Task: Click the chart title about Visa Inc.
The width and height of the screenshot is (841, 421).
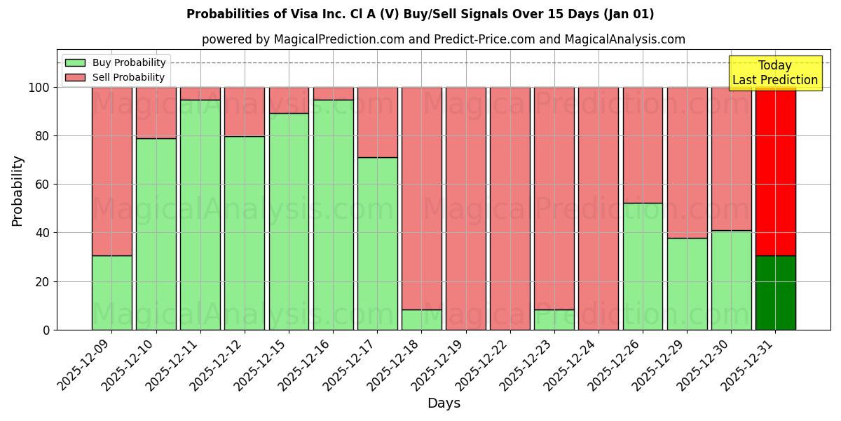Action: pos(420,14)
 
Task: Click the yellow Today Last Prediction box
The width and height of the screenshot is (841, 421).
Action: pos(775,73)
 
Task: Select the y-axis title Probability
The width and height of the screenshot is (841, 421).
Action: pos(18,191)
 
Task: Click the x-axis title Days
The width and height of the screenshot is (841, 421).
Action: pos(444,403)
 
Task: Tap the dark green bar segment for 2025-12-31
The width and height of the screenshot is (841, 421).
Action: pos(775,293)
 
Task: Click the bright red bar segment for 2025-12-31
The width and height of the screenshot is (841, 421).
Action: pos(775,171)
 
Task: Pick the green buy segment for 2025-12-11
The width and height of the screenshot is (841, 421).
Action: pos(200,215)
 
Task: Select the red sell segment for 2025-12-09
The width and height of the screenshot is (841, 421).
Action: pos(112,171)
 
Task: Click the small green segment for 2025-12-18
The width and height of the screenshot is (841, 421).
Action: pos(422,320)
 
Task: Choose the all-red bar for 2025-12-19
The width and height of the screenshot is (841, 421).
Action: pos(466,208)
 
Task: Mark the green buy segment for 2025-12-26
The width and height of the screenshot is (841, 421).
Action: pos(643,267)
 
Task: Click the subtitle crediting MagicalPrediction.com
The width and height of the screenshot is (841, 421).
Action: pos(444,39)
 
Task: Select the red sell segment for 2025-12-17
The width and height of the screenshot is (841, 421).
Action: pos(378,122)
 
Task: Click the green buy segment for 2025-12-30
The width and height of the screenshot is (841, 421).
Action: pos(731,280)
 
